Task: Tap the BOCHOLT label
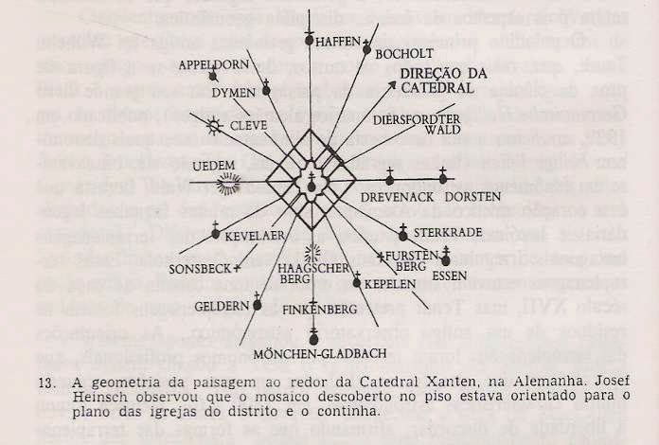[402, 55]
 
